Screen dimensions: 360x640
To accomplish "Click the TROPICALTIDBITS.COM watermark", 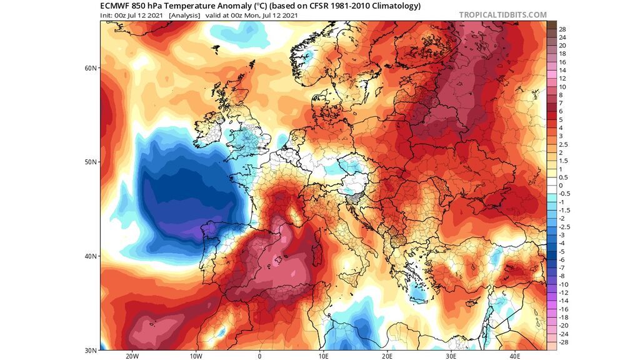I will (502, 15).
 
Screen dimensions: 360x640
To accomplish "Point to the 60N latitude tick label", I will (91, 68).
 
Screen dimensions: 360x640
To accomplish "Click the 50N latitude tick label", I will (91, 162).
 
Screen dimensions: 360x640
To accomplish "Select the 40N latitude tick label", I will (91, 256).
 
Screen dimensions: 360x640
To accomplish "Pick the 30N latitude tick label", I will (91, 349).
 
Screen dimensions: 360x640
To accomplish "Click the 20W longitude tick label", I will (132, 356).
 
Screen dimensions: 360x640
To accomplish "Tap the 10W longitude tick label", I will (196, 356).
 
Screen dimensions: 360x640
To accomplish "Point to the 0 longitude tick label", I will (259, 356).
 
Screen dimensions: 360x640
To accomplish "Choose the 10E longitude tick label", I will (323, 356).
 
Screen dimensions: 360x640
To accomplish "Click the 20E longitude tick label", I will (387, 356).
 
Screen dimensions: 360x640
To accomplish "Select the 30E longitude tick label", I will (451, 356).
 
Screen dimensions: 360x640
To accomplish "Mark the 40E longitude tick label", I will (515, 356).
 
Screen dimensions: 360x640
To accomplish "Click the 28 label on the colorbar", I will (562, 29).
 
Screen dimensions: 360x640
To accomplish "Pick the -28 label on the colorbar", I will (563, 342).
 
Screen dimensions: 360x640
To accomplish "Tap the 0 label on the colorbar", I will (561, 186).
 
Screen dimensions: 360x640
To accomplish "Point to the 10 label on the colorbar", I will (562, 87).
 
